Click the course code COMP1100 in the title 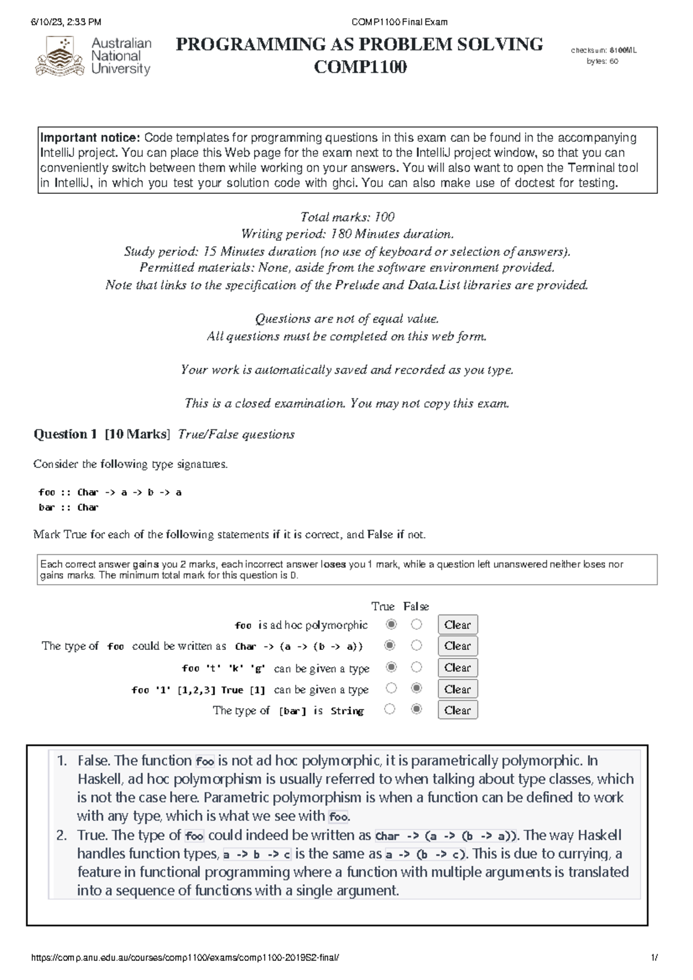coord(360,68)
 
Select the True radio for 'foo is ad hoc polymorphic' coord(391,624)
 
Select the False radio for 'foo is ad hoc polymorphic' coord(416,624)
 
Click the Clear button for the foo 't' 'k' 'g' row coord(457,668)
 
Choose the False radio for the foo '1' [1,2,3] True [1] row coord(416,688)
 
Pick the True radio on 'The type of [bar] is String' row coord(390,709)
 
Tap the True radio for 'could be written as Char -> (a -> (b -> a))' coord(390,645)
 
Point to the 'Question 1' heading coord(65,434)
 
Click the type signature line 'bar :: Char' coord(68,507)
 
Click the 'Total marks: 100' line coord(347,217)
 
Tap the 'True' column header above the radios coord(382,606)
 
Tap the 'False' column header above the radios coord(416,606)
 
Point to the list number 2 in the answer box coord(62,835)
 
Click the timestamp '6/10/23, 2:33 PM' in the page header coord(66,22)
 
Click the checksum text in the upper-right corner coord(603,50)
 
